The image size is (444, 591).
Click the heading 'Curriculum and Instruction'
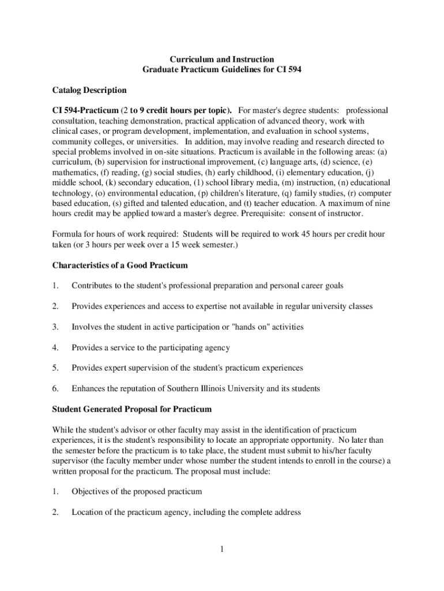click(x=221, y=59)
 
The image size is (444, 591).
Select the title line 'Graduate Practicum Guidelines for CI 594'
click(x=221, y=70)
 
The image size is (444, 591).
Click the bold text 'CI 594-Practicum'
click(x=85, y=110)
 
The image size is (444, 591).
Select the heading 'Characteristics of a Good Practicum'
click(x=120, y=265)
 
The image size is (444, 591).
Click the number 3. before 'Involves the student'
click(x=55, y=327)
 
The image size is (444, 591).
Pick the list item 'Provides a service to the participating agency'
click(x=150, y=347)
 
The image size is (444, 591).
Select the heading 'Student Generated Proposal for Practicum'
click(x=132, y=409)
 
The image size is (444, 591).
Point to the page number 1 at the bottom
click(x=221, y=548)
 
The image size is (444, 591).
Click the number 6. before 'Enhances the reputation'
click(x=55, y=388)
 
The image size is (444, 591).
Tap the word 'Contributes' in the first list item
click(x=93, y=286)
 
